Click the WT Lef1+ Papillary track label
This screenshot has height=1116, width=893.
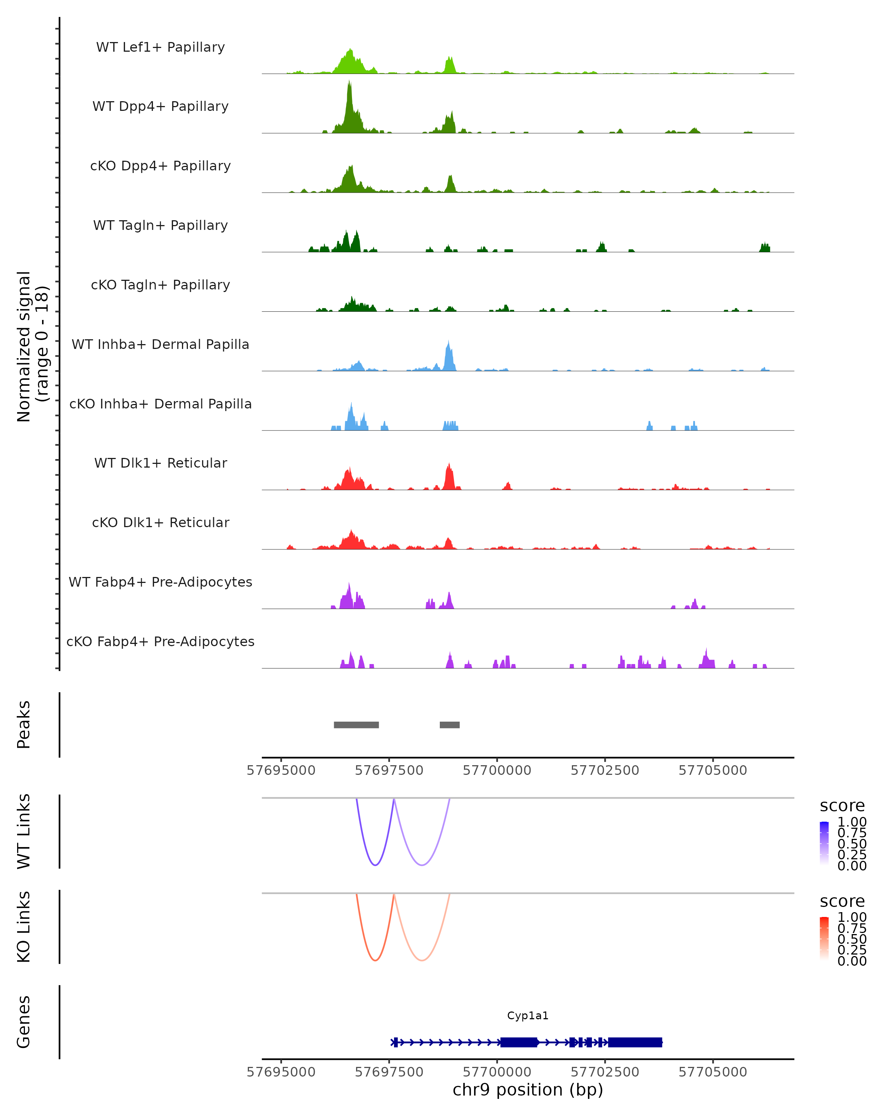tap(160, 47)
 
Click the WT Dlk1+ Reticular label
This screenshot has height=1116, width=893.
tap(160, 463)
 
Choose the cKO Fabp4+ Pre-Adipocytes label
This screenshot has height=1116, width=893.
tap(160, 641)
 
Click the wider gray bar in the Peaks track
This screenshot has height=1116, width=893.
tap(356, 725)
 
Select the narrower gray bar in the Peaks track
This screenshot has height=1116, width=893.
tap(449, 725)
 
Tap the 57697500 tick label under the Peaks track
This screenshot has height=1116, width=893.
tap(389, 770)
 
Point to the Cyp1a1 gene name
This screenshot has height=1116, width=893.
tap(528, 1016)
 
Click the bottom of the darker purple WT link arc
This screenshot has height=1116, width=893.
tap(375, 865)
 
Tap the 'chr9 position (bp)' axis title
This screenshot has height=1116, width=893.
tap(528, 1090)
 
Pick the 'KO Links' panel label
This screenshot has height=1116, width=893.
tap(24, 927)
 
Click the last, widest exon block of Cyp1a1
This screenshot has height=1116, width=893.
tap(635, 1042)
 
